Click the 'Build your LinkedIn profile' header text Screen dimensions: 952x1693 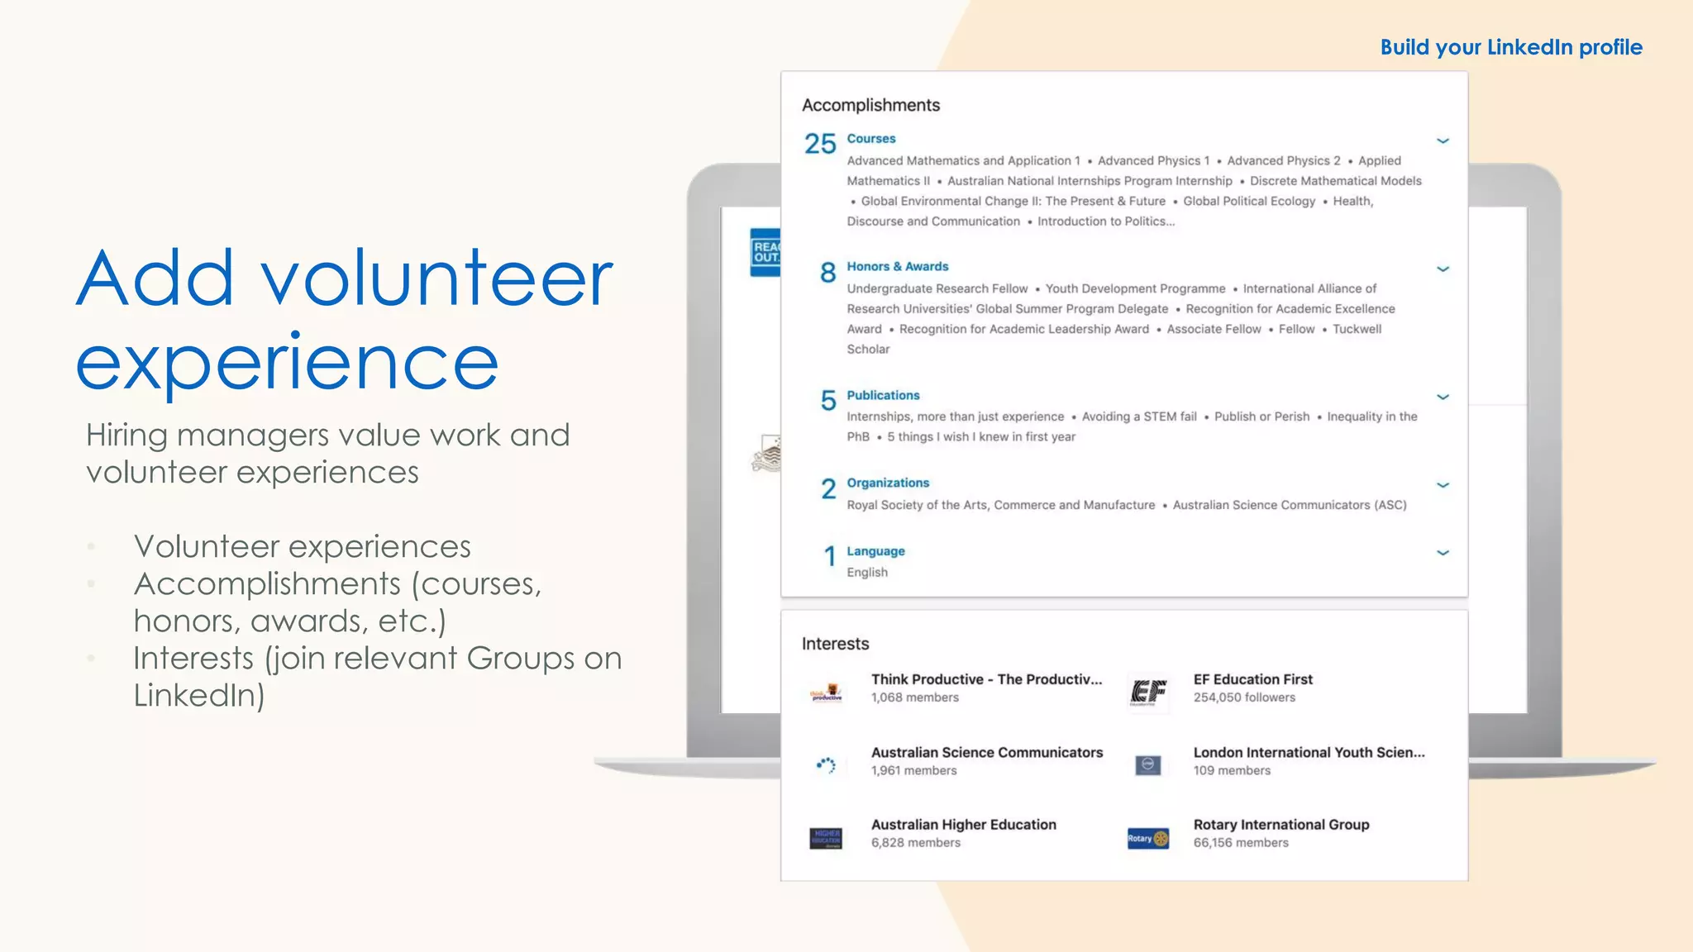(1510, 47)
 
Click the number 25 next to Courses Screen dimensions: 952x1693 (820, 144)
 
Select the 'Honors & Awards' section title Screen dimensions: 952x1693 (897, 266)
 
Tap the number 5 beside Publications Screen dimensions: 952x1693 (827, 401)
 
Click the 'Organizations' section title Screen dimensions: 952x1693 (887, 483)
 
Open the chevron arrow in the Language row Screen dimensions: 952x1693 (1443, 553)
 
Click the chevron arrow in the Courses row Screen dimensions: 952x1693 (1443, 140)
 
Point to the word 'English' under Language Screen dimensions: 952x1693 (866, 572)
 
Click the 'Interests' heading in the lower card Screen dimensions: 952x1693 (835, 644)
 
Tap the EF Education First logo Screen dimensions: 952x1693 (1147, 691)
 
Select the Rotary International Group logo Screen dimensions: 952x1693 (1147, 838)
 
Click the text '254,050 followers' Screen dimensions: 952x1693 (1243, 697)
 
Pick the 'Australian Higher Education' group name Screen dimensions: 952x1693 (963, 824)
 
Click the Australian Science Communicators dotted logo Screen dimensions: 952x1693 (825, 765)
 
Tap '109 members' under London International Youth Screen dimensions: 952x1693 (1231, 770)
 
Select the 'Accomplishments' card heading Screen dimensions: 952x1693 (870, 105)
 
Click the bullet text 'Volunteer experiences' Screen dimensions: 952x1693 (302, 546)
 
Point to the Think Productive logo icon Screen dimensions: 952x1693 (825, 693)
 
